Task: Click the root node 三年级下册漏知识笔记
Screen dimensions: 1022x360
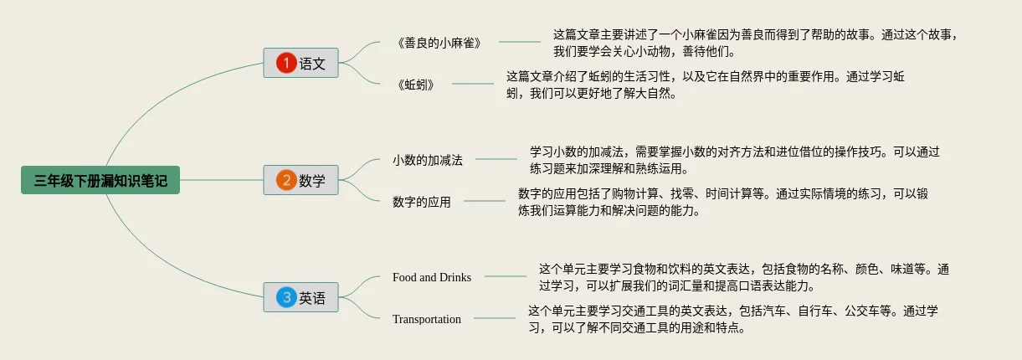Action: (x=100, y=180)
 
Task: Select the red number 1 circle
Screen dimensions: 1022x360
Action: (x=286, y=63)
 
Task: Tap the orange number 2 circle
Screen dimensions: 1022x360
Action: (x=286, y=180)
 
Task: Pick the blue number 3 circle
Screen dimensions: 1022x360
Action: (x=286, y=297)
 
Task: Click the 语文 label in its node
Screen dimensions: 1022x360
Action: (x=313, y=63)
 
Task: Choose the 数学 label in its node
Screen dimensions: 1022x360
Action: (x=313, y=180)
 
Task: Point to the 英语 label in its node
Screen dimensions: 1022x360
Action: (x=313, y=297)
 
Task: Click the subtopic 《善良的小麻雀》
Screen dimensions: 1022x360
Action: (x=439, y=43)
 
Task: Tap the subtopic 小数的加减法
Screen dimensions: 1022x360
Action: (x=428, y=159)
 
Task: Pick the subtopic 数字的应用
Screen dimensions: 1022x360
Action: (x=421, y=202)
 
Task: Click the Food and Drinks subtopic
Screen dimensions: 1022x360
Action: (x=432, y=277)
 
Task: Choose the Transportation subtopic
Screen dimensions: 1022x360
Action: (x=427, y=319)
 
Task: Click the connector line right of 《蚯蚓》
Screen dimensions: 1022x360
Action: (x=473, y=84)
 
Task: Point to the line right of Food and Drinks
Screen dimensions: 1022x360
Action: (x=506, y=276)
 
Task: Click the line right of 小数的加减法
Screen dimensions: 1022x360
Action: (x=496, y=159)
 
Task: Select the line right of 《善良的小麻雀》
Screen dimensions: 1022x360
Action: (x=520, y=42)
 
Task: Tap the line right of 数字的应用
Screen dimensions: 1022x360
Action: (x=485, y=201)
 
